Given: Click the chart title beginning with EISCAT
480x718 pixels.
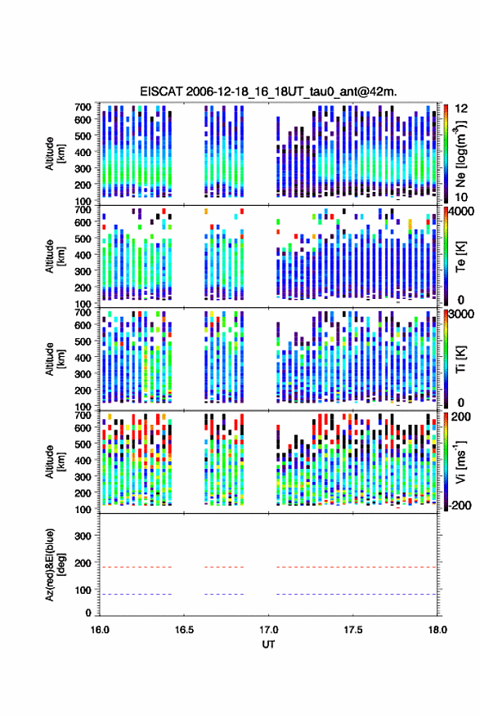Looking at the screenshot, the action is pyautogui.click(x=268, y=91).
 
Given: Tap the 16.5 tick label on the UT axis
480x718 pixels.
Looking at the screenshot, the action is pyautogui.click(x=184, y=630).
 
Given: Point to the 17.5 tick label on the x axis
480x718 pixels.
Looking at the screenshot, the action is pyautogui.click(x=352, y=630).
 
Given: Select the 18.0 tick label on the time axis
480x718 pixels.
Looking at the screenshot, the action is pyautogui.click(x=437, y=630).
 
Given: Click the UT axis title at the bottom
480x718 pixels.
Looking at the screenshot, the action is pyautogui.click(x=268, y=644).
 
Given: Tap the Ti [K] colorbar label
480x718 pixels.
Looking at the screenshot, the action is pyautogui.click(x=460, y=359).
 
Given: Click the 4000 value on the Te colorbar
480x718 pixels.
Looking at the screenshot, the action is pyautogui.click(x=461, y=212).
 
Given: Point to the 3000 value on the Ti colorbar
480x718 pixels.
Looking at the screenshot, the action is pyautogui.click(x=461, y=314).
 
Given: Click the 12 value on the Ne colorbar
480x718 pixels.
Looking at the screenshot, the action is pyautogui.click(x=461, y=109).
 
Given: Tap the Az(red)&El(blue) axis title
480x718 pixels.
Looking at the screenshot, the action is pyautogui.click(x=55, y=564).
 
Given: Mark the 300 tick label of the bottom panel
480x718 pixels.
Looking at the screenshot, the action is pyautogui.click(x=83, y=536).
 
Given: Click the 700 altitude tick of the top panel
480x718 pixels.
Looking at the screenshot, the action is pyautogui.click(x=83, y=107).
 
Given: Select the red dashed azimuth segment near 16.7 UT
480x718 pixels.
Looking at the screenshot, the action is pyautogui.click(x=224, y=567).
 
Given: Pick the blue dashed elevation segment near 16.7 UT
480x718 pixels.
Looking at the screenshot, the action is pyautogui.click(x=224, y=595).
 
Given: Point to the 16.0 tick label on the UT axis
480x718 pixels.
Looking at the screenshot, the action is pyautogui.click(x=100, y=630).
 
